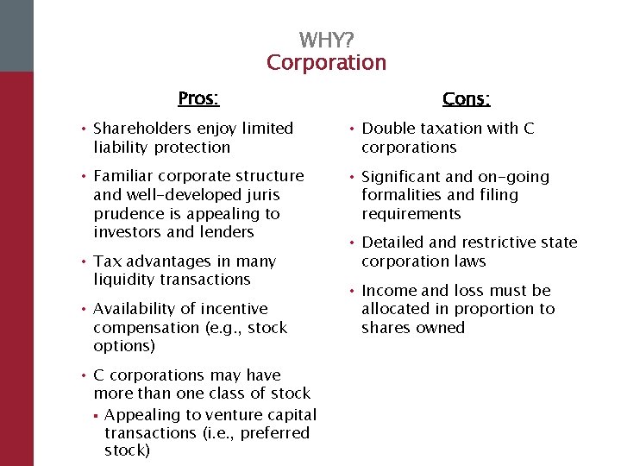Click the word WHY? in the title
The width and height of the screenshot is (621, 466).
326,41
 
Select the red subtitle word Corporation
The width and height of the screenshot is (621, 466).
326,63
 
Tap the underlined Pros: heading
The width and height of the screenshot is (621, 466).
198,98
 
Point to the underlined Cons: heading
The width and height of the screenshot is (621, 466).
466,99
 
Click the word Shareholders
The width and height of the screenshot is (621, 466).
144,129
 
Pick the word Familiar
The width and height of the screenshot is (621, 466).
122,176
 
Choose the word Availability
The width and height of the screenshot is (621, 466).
137,308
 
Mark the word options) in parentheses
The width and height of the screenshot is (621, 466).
124,346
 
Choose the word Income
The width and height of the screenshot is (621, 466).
389,290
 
